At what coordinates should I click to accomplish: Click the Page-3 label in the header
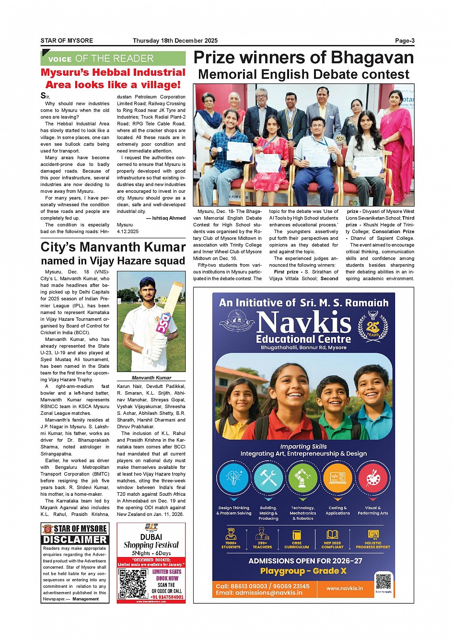click(x=405, y=41)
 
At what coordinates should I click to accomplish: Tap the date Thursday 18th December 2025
click(x=175, y=41)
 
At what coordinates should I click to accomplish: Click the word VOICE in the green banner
click(x=60, y=59)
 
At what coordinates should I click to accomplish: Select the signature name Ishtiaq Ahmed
click(x=168, y=218)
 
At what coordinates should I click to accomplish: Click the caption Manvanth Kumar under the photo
click(x=151, y=378)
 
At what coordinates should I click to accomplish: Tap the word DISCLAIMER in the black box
click(x=75, y=540)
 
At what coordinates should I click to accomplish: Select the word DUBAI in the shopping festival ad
click(x=151, y=537)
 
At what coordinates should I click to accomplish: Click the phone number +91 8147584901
click(x=167, y=597)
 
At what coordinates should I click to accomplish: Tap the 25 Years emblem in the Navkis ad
click(x=373, y=326)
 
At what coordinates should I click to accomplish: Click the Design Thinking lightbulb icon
click(x=233, y=478)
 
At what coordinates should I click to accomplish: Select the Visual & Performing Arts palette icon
click(x=372, y=478)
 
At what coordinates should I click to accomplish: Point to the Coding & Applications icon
click(x=337, y=478)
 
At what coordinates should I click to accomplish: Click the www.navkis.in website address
click(x=344, y=588)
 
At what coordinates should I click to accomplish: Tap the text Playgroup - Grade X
click(x=303, y=571)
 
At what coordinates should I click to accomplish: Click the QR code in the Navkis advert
click(x=383, y=582)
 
